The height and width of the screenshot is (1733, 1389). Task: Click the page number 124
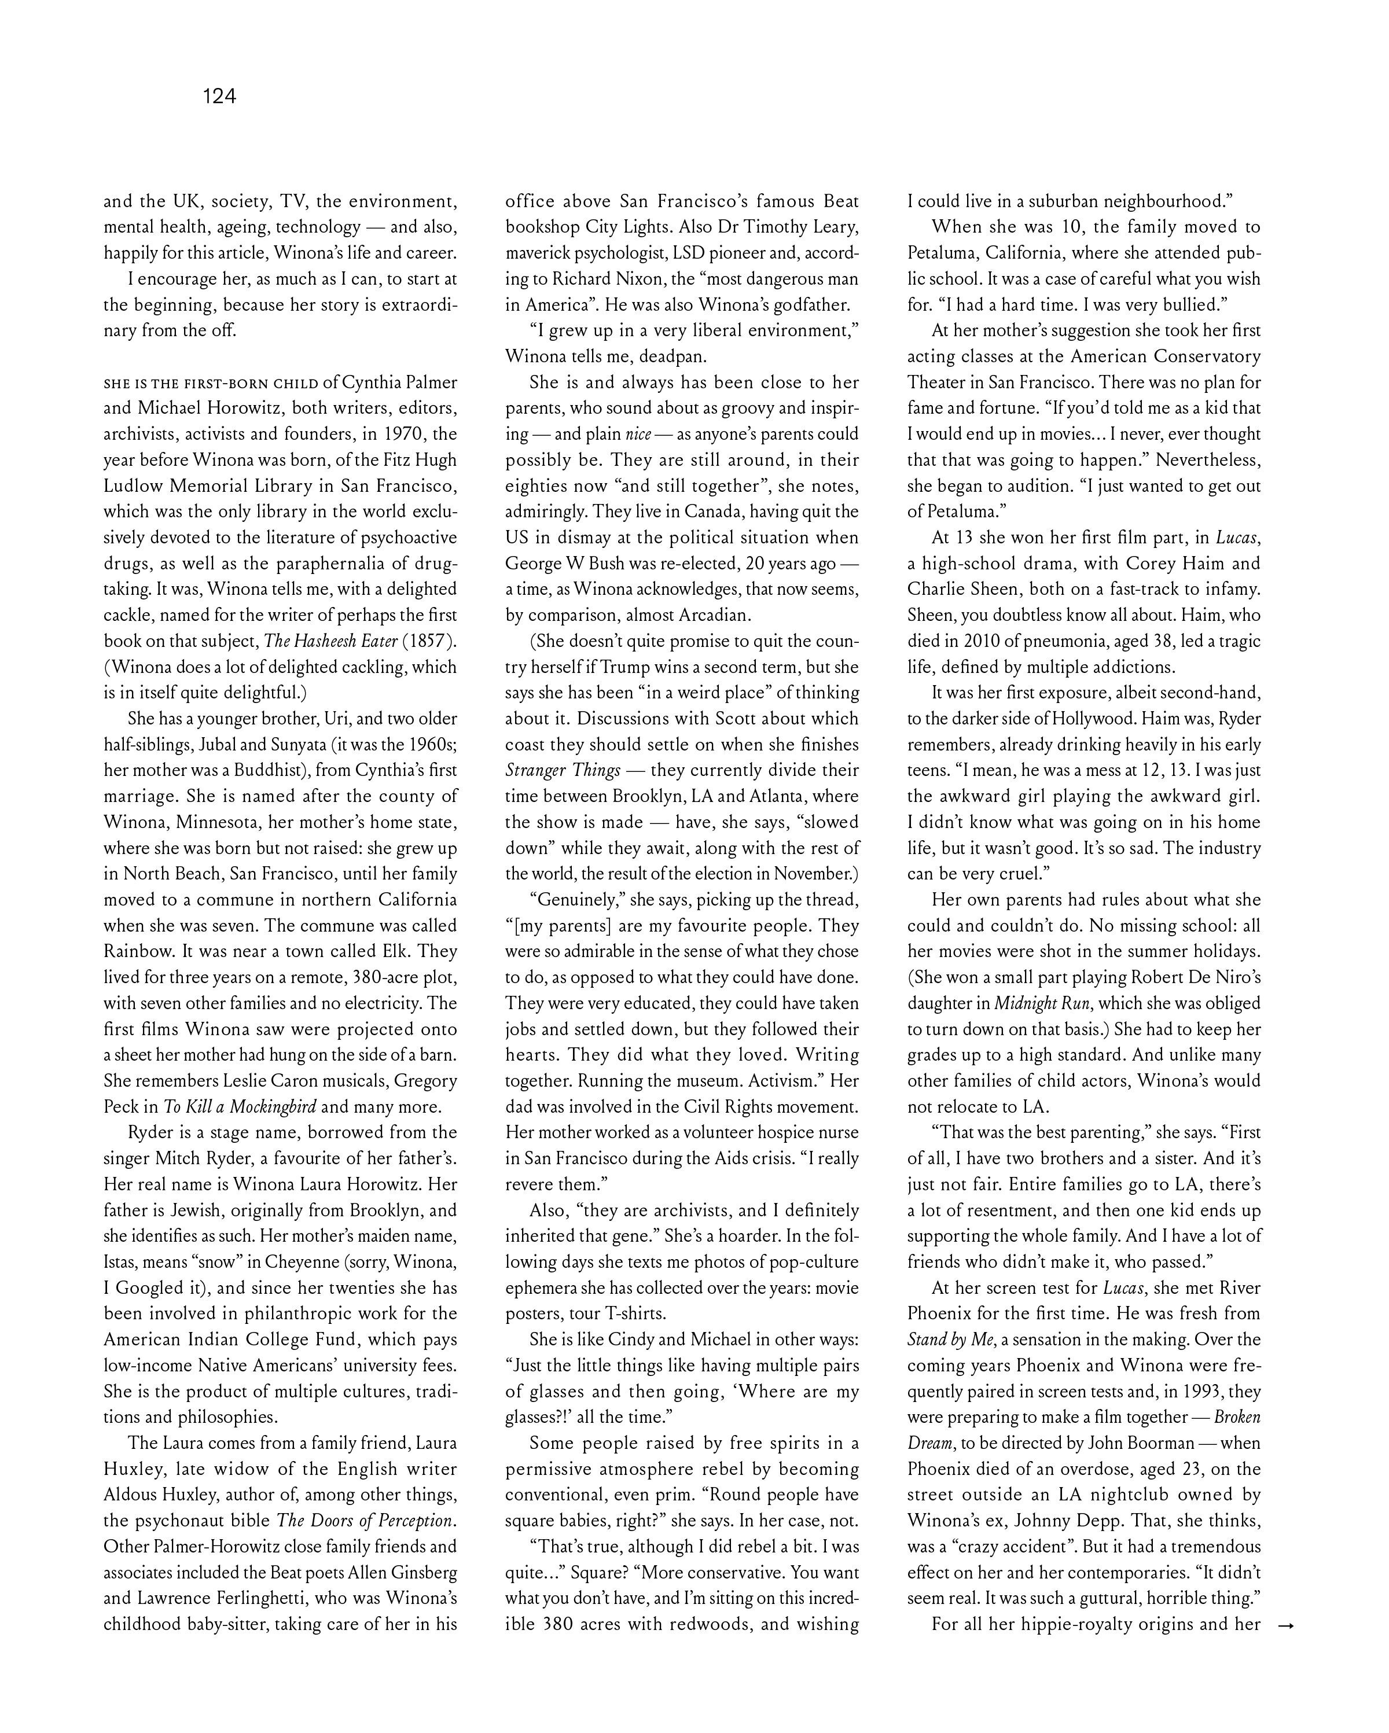coord(219,97)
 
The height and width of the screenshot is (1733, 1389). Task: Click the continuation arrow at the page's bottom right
coord(1285,1625)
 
